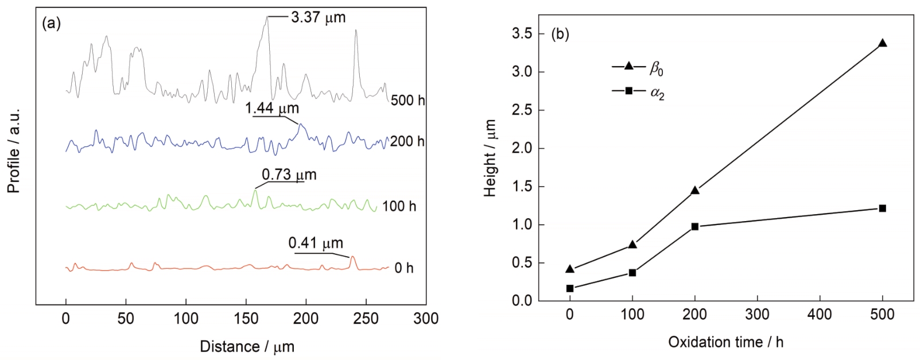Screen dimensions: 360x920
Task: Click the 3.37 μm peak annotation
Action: tap(318, 17)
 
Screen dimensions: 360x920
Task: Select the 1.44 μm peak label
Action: tap(272, 108)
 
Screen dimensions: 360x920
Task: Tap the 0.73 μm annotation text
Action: tap(289, 175)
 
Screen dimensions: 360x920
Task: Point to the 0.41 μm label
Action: tap(316, 243)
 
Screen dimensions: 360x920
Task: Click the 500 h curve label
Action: tap(407, 100)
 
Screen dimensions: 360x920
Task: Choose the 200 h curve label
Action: tap(407, 141)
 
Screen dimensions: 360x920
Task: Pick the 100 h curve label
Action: tap(399, 206)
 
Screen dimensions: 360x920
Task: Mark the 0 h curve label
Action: tap(403, 268)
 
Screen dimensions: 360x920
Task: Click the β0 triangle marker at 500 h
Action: tap(882, 43)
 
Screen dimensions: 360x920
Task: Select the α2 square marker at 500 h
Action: tap(882, 208)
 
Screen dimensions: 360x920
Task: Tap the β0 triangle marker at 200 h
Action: tap(694, 190)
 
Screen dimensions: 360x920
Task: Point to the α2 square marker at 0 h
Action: tap(569, 288)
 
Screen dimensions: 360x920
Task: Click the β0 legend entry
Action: tap(638, 68)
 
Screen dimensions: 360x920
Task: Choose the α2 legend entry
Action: tap(638, 92)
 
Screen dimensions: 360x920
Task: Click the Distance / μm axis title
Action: tap(247, 347)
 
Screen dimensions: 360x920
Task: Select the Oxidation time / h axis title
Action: tap(725, 342)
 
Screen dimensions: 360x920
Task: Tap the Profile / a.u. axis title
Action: tap(14, 150)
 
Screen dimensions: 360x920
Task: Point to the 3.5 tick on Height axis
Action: tap(521, 34)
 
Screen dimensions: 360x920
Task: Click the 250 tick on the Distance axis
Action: tap(366, 319)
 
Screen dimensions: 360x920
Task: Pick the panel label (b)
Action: tap(560, 34)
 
